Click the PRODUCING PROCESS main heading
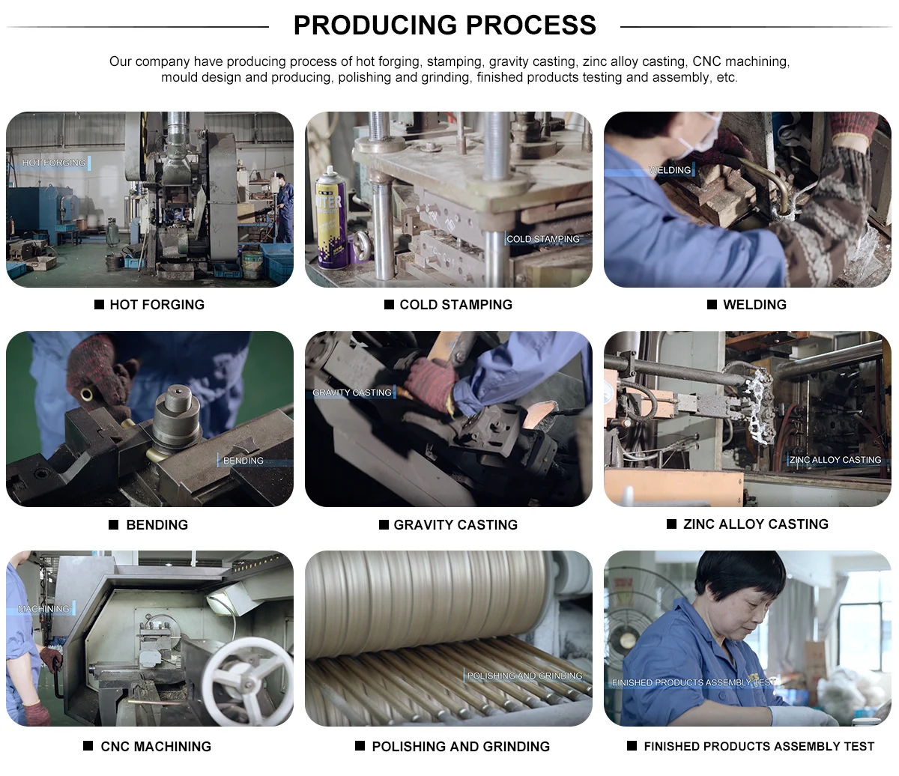tap(444, 25)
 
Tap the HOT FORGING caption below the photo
tap(157, 305)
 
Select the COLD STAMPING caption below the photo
tap(455, 305)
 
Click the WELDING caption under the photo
tap(754, 305)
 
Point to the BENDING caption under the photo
tap(157, 524)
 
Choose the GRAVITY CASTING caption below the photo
tap(455, 524)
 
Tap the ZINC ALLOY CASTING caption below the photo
tap(755, 524)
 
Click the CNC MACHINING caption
tap(156, 747)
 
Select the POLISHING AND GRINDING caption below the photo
tap(461, 747)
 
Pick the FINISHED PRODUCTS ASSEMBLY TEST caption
tap(759, 747)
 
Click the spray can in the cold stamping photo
tap(331, 217)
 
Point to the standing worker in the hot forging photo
tap(284, 208)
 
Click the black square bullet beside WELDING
tap(712, 305)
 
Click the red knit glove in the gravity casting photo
tap(431, 383)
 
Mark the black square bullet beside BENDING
tap(114, 524)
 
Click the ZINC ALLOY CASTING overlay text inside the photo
tap(835, 460)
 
